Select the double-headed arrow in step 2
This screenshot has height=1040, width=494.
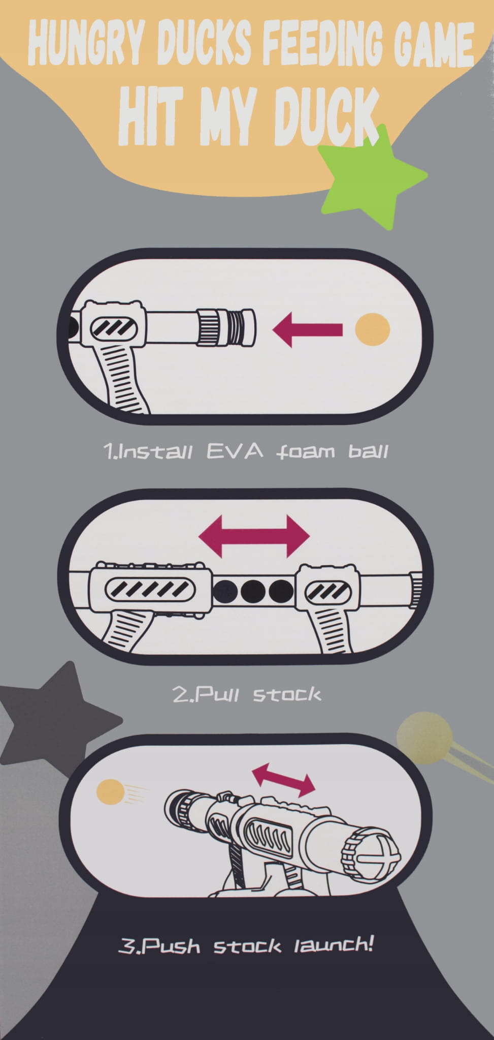click(254, 536)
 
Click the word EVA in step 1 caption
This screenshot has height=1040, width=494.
click(235, 451)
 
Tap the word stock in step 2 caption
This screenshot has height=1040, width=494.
click(287, 694)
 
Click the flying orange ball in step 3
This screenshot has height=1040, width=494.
click(111, 791)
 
